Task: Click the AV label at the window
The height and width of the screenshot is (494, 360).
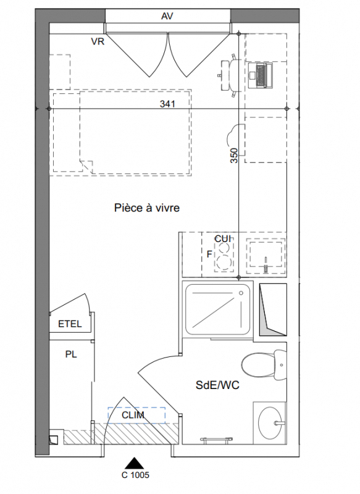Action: click(x=167, y=16)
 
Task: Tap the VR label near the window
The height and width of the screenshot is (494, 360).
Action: click(x=98, y=41)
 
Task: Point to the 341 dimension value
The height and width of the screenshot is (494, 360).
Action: click(x=167, y=104)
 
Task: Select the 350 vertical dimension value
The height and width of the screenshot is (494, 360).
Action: click(x=234, y=156)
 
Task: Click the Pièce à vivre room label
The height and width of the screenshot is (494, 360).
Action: click(x=147, y=207)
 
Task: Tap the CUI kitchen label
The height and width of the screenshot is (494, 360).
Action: click(x=223, y=239)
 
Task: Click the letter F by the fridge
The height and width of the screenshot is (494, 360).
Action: click(x=209, y=254)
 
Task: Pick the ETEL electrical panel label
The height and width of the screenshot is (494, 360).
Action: click(x=70, y=324)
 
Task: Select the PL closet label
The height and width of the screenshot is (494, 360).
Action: click(x=71, y=354)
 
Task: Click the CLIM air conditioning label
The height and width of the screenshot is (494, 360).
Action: click(x=133, y=415)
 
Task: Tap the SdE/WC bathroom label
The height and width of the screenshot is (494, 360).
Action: click(x=217, y=385)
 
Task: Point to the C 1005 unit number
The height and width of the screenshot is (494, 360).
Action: click(x=135, y=475)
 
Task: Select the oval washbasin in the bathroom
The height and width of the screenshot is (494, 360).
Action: click(x=269, y=423)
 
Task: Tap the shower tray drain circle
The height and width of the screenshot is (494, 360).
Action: click(x=241, y=293)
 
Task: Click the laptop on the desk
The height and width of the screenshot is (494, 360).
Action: click(x=261, y=75)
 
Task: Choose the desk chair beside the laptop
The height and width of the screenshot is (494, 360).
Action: click(x=230, y=75)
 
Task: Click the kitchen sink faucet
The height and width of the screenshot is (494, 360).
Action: click(x=266, y=265)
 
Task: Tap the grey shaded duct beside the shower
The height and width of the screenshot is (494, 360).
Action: click(x=273, y=309)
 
